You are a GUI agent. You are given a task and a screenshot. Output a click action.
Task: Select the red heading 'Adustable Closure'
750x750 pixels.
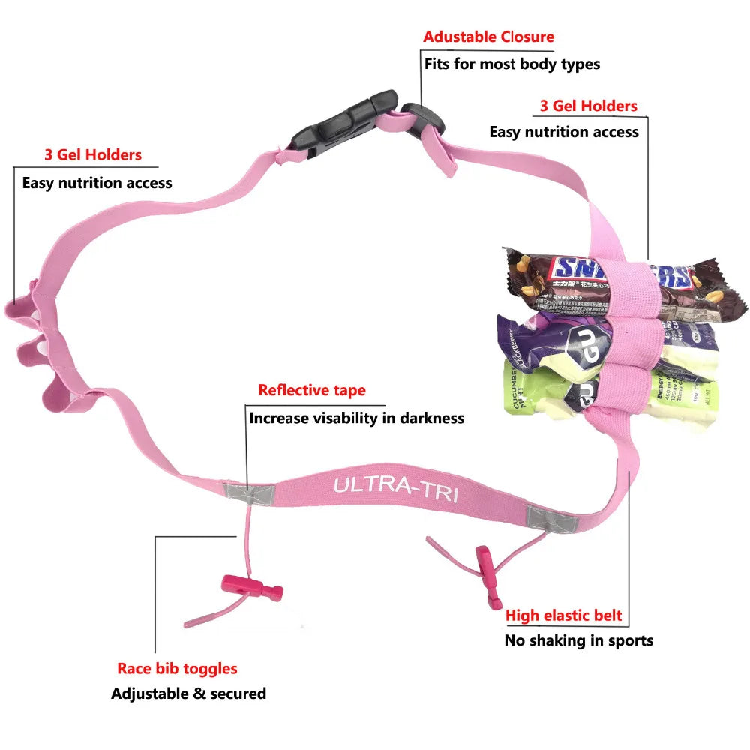pos(488,37)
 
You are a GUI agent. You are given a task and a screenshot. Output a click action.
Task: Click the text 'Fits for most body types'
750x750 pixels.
pos(512,64)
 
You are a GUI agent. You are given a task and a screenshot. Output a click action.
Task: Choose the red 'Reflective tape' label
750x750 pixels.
pos(312,390)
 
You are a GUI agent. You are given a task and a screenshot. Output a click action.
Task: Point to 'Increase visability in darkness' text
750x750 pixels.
pos(356,418)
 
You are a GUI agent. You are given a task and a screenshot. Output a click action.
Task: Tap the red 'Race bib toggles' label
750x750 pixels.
pos(177,668)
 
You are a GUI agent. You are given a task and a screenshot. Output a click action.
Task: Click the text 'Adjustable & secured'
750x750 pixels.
pos(188,694)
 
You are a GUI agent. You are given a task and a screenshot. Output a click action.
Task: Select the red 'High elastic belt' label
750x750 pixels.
pos(563,616)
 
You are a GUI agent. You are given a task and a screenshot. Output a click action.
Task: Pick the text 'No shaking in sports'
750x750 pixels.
pos(578,640)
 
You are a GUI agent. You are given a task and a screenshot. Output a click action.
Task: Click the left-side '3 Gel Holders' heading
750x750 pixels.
pos(92,155)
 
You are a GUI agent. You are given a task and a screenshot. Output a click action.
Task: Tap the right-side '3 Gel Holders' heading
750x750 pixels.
pos(588,106)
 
